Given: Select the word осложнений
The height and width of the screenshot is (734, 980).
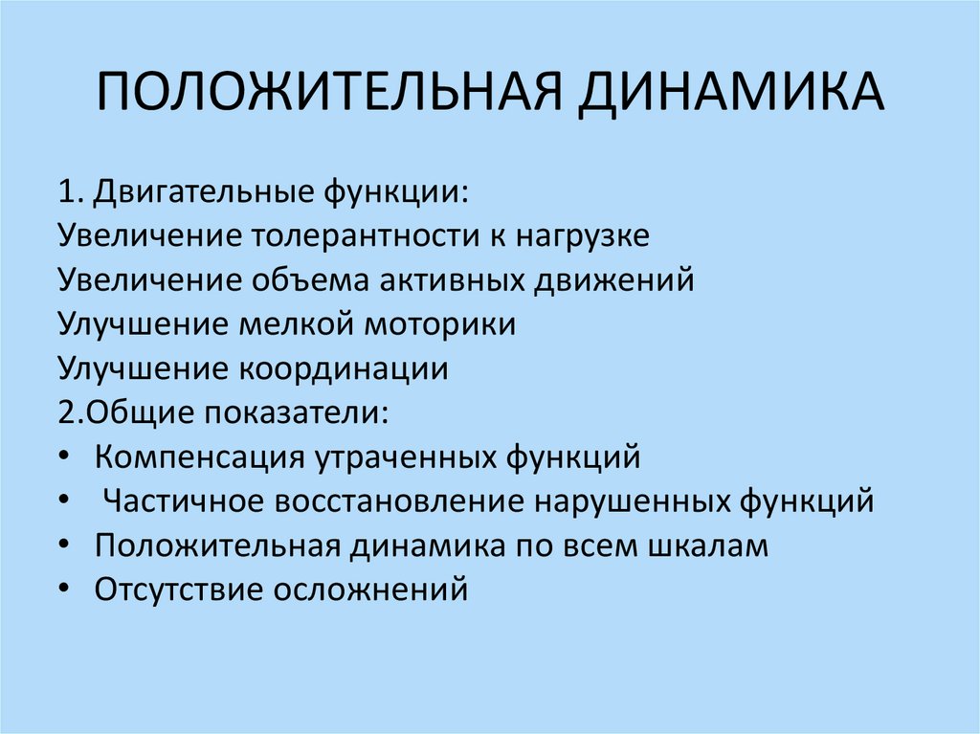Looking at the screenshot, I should tap(372, 589).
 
